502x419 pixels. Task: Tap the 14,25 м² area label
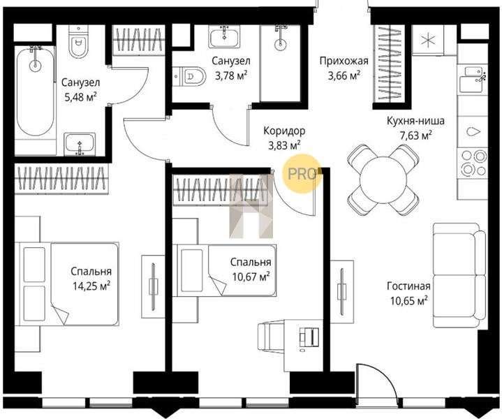pyautogui.click(x=91, y=286)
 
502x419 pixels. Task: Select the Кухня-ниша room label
pyautogui.click(x=415, y=121)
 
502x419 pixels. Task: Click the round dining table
pyautogui.click(x=383, y=179)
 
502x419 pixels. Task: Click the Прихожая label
pyautogui.click(x=344, y=61)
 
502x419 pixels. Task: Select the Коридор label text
pyautogui.click(x=284, y=131)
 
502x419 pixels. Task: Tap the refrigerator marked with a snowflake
pyautogui.click(x=427, y=41)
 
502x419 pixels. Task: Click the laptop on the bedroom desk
pyautogui.click(x=309, y=337)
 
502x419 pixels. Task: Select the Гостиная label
pyautogui.click(x=408, y=286)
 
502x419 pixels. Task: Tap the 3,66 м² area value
pyautogui.click(x=344, y=76)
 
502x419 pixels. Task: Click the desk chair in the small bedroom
pyautogui.click(x=272, y=337)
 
